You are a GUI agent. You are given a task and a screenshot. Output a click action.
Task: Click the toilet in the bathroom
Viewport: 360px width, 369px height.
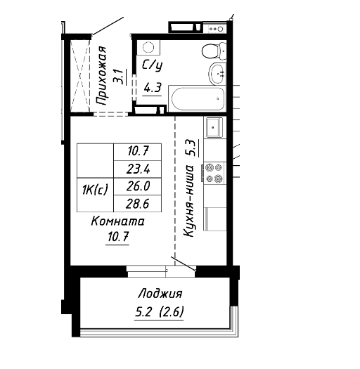click(214, 51)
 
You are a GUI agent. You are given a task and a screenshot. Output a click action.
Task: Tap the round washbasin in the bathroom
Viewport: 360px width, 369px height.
click(217, 73)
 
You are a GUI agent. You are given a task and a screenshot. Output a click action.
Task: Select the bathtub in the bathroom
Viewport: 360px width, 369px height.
click(198, 98)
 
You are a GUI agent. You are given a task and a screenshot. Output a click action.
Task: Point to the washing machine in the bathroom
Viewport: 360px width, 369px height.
click(148, 48)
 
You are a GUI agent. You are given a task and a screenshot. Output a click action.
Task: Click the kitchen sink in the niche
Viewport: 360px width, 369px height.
click(214, 127)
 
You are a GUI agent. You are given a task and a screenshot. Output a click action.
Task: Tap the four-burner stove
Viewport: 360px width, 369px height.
click(214, 173)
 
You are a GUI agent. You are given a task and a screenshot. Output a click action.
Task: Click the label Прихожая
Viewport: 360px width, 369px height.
click(101, 76)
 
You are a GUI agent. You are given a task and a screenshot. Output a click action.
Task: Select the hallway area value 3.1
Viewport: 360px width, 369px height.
click(118, 77)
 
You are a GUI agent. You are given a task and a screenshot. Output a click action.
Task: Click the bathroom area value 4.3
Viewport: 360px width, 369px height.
click(153, 89)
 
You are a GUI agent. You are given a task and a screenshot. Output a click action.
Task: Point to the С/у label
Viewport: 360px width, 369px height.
click(152, 65)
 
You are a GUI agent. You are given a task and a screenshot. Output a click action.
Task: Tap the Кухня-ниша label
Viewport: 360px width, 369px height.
click(188, 201)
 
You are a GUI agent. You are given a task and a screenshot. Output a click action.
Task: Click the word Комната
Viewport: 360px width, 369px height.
click(117, 221)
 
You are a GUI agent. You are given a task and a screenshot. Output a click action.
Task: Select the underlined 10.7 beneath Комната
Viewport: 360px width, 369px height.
click(118, 236)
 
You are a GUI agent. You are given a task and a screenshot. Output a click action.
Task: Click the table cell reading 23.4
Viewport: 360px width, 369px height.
click(138, 169)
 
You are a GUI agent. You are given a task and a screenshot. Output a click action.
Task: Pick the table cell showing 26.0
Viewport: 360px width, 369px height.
click(138, 186)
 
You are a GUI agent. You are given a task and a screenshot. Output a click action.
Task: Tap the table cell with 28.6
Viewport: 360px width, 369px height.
click(138, 204)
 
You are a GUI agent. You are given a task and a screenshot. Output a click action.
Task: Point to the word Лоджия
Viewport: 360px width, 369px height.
click(160, 294)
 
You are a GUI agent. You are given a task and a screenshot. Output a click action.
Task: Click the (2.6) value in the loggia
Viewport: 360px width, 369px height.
click(172, 313)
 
